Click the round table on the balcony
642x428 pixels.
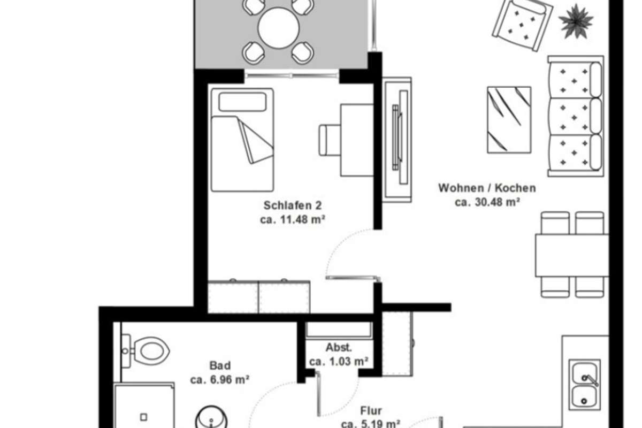click(x=278, y=28)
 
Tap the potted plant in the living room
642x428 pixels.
click(x=576, y=21)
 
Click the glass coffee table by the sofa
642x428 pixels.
click(x=509, y=120)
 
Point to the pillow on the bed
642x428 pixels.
click(x=242, y=102)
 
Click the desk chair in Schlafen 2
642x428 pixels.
click(x=330, y=140)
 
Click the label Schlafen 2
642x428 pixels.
click(x=292, y=205)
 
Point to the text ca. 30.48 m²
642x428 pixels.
click(x=487, y=202)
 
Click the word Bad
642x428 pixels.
click(x=220, y=365)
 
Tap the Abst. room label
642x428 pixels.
click(x=339, y=347)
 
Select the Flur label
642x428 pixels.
click(x=371, y=411)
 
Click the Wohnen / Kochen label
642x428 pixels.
click(x=487, y=188)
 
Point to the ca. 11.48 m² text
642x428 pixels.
click(x=292, y=219)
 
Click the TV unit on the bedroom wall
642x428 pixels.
click(x=398, y=140)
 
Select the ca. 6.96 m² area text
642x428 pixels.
click(x=219, y=380)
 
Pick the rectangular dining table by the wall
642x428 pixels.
click(x=572, y=255)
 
